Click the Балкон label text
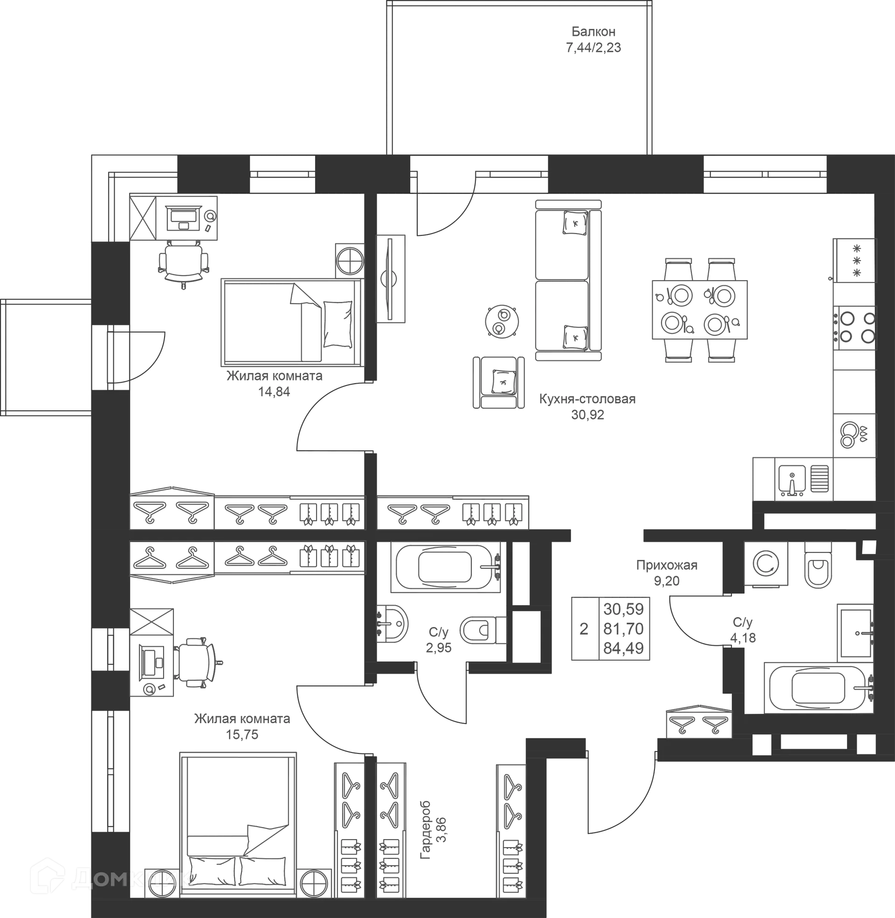click(x=593, y=32)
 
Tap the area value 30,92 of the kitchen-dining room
click(x=588, y=415)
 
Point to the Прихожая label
click(x=667, y=565)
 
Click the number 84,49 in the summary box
click(x=623, y=649)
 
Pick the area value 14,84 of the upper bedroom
click(x=274, y=392)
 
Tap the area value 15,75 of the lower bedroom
click(x=242, y=734)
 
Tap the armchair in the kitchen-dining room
click(x=499, y=382)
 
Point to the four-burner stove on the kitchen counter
click(x=854, y=328)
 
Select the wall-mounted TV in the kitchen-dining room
click(x=390, y=279)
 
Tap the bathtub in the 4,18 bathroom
click(x=819, y=687)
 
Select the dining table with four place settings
click(x=700, y=309)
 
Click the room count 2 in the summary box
click(x=584, y=629)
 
